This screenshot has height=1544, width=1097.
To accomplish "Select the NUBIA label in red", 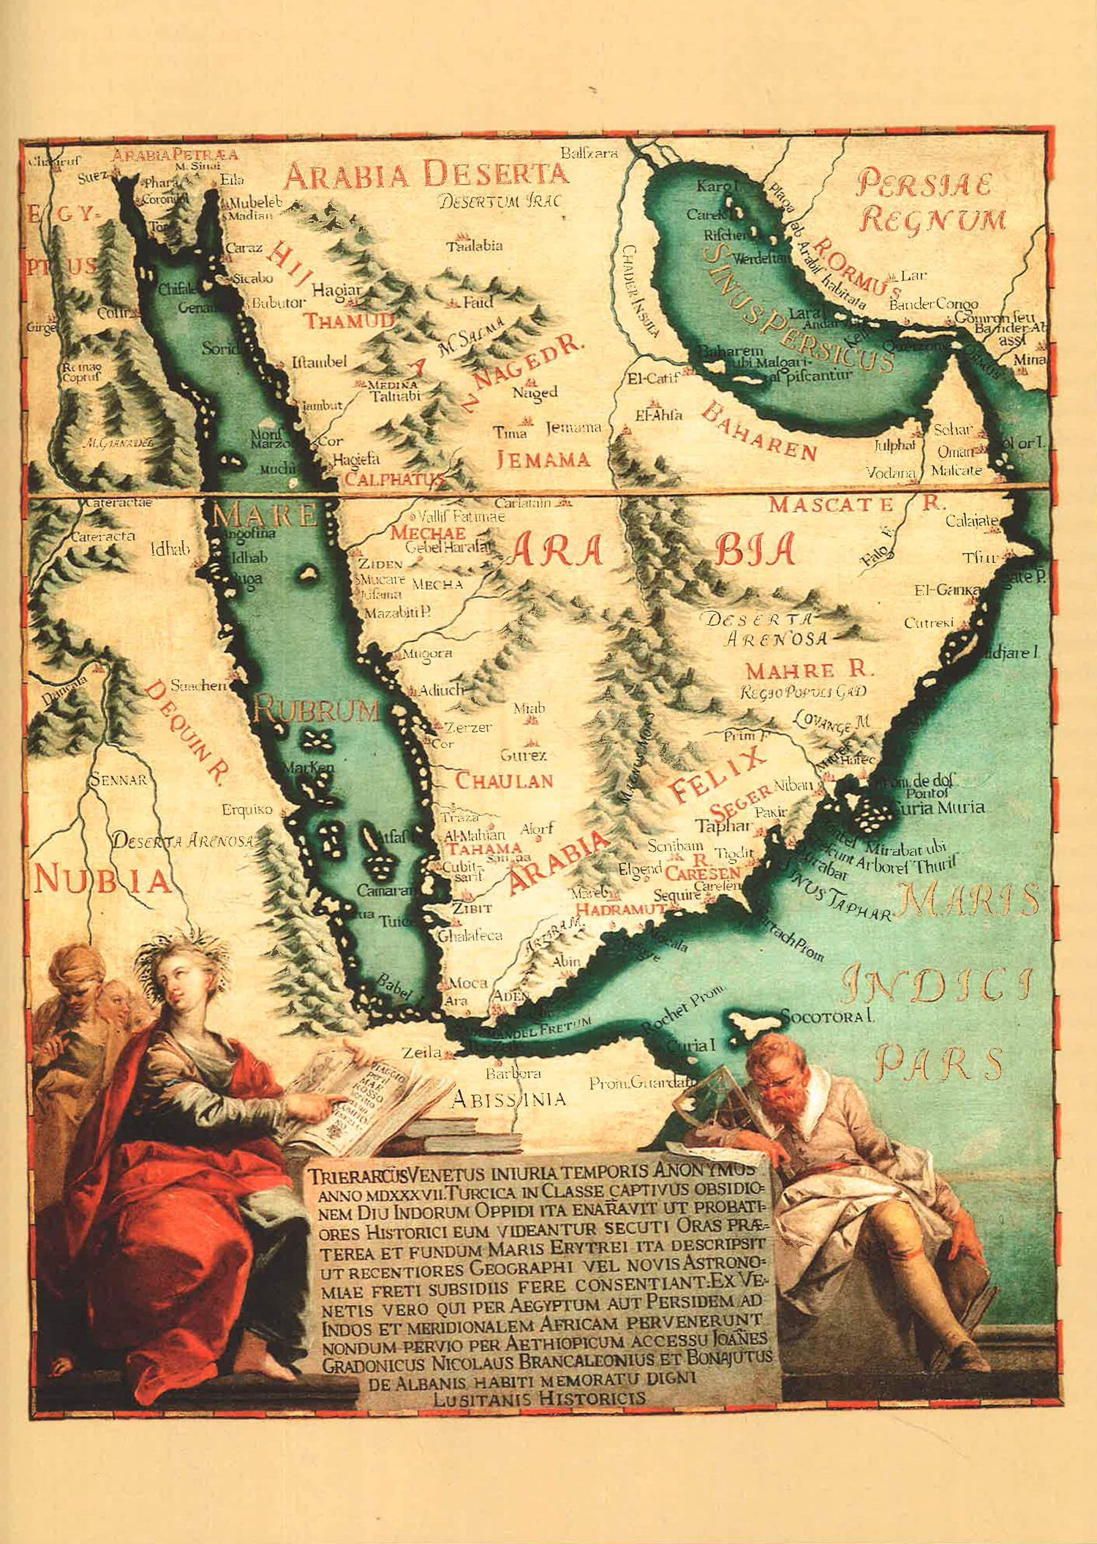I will tap(102, 880).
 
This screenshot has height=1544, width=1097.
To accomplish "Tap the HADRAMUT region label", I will tap(621, 909).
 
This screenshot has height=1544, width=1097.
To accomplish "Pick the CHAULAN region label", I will tap(505, 780).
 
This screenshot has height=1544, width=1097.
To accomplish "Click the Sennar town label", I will tap(118, 779).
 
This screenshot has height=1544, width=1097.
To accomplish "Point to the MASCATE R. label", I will tap(856, 504).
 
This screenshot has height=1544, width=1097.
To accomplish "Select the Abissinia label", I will tap(508, 1098).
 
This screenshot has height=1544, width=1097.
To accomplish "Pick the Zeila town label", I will tap(421, 1053).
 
